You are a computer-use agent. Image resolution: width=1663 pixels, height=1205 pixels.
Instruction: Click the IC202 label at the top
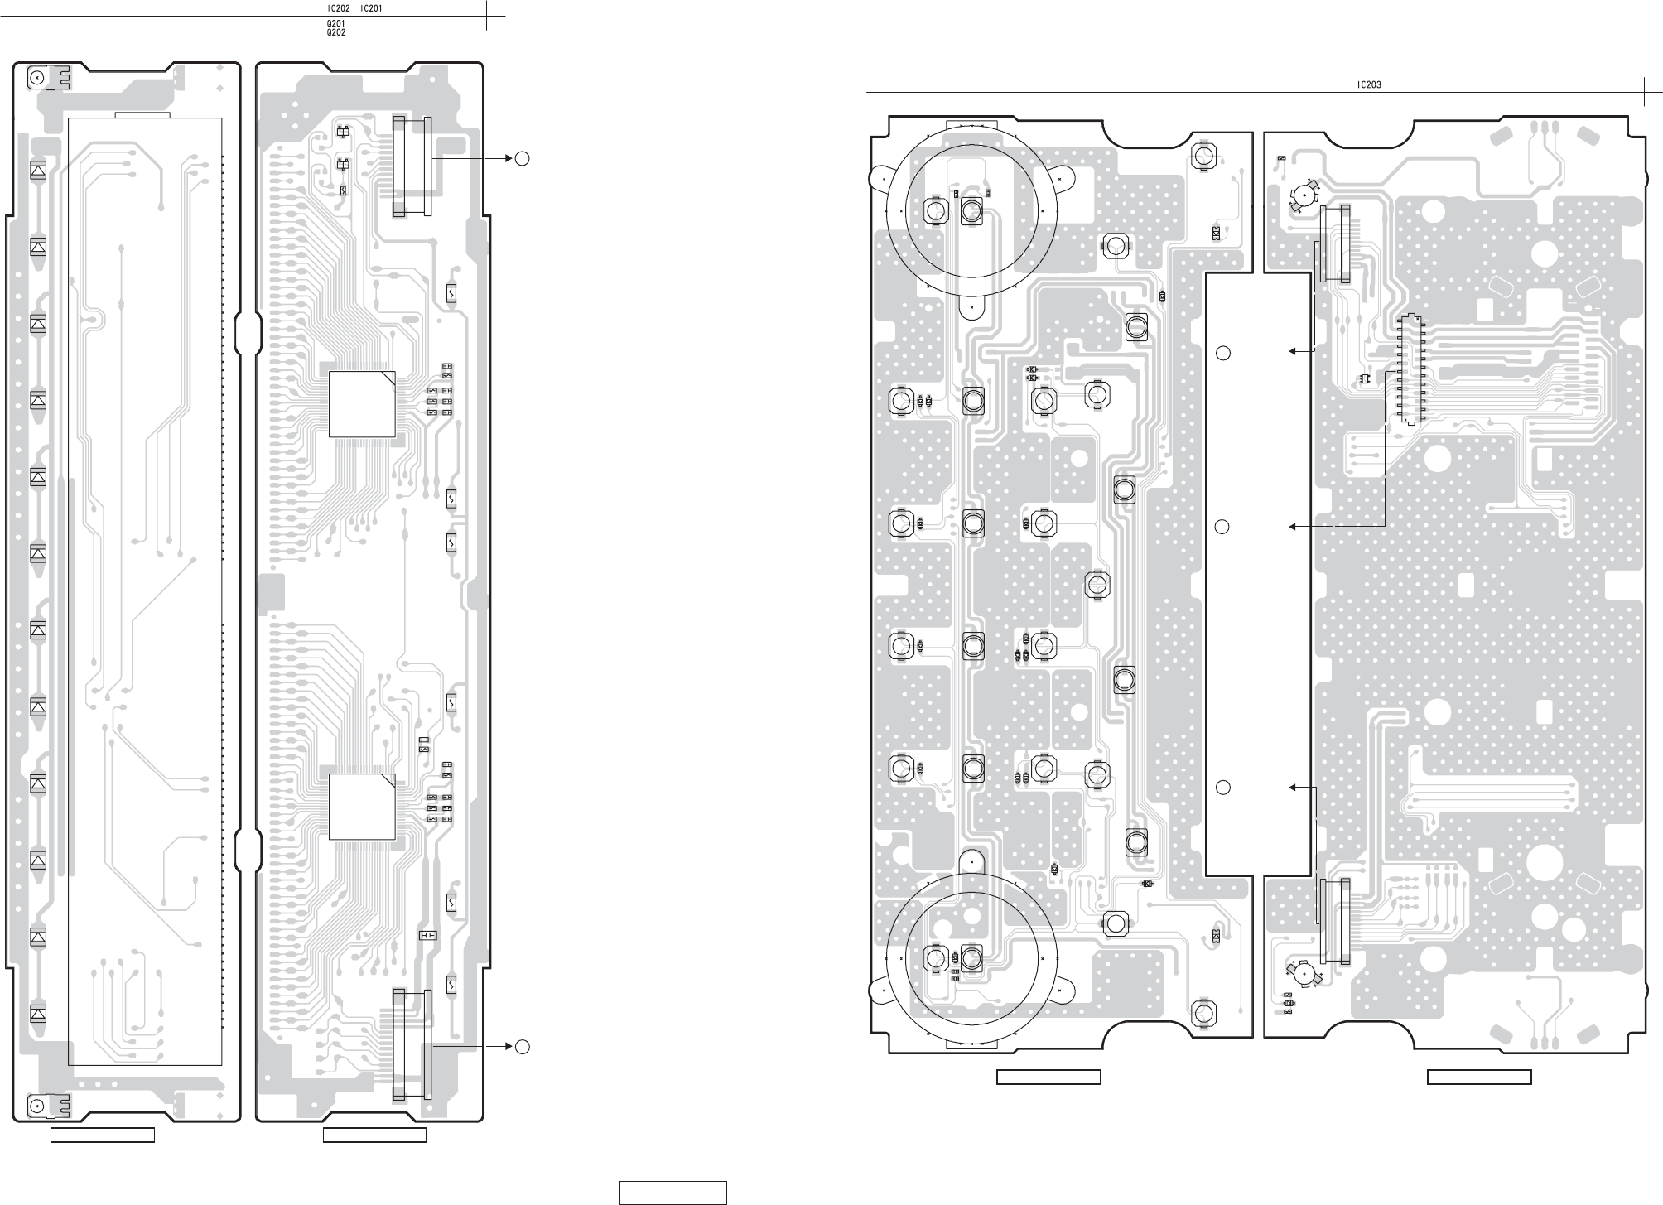pyautogui.click(x=339, y=7)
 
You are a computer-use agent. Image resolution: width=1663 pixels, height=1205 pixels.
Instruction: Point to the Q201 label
pyautogui.click(x=336, y=24)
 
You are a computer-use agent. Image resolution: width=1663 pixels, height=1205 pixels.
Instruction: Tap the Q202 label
pyautogui.click(x=336, y=32)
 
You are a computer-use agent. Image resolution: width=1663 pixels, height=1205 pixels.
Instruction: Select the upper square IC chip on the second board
pyautogui.click(x=362, y=404)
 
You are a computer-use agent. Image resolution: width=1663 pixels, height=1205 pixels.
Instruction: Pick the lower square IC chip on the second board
pyautogui.click(x=362, y=807)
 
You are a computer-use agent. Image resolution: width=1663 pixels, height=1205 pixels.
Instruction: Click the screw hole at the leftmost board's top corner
pyautogui.click(x=37, y=78)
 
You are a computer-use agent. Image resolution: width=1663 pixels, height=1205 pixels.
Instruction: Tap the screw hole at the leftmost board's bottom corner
pyautogui.click(x=37, y=1106)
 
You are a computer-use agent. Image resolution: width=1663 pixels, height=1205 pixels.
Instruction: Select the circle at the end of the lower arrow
pyautogui.click(x=521, y=1047)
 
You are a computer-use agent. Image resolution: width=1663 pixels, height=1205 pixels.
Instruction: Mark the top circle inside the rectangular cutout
pyautogui.click(x=1223, y=354)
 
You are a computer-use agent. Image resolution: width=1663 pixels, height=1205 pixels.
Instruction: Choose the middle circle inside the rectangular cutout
pyautogui.click(x=1223, y=527)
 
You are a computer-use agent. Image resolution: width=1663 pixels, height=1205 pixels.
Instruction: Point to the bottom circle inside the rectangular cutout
pyautogui.click(x=1223, y=788)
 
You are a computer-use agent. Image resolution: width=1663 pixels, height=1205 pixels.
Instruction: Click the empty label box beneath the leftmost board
pyautogui.click(x=103, y=1135)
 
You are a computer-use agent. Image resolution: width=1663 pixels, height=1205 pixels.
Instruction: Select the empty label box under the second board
pyautogui.click(x=374, y=1135)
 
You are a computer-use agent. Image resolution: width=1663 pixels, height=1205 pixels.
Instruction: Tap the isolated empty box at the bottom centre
pyautogui.click(x=673, y=1193)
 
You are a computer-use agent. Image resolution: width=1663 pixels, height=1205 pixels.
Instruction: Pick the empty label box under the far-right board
pyautogui.click(x=1479, y=1077)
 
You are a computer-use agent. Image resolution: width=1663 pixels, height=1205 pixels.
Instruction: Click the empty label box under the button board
pyautogui.click(x=1048, y=1077)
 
